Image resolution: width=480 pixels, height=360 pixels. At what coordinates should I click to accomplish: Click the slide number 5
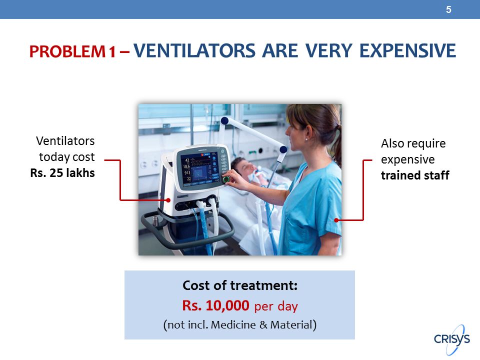click(x=448, y=10)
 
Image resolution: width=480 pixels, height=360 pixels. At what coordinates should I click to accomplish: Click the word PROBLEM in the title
click(x=67, y=51)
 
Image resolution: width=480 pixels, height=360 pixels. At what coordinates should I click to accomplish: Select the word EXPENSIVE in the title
click(x=408, y=51)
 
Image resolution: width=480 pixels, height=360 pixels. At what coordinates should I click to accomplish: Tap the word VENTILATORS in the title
click(x=194, y=51)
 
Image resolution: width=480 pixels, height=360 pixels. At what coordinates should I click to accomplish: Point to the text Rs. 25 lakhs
click(x=62, y=173)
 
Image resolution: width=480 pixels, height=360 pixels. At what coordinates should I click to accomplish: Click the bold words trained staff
click(x=415, y=175)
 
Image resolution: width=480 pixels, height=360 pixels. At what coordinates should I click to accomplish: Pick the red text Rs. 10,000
click(x=215, y=305)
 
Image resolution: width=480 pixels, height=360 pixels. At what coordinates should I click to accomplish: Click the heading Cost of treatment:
click(x=240, y=285)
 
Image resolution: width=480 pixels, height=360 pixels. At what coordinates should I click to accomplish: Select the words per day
click(x=276, y=306)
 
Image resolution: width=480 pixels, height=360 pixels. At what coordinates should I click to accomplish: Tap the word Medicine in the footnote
click(x=233, y=324)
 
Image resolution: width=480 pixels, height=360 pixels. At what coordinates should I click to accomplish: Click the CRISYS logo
click(x=452, y=339)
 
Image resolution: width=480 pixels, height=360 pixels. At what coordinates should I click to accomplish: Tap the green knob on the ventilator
click(x=226, y=179)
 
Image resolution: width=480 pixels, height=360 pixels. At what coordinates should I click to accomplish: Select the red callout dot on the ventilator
click(x=168, y=200)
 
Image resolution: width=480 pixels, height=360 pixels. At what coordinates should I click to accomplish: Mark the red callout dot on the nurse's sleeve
click(x=336, y=220)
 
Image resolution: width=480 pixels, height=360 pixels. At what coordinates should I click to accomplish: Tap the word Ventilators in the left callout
click(x=65, y=141)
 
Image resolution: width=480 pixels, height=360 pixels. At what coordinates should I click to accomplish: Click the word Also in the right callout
click(x=392, y=143)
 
